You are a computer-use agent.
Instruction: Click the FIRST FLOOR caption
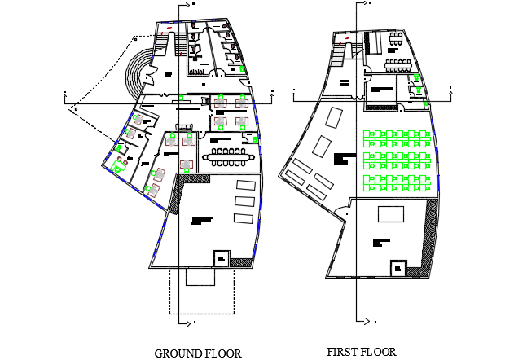[362, 353]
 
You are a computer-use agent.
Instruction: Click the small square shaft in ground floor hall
[221, 258]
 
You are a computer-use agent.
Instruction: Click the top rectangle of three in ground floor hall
[244, 184]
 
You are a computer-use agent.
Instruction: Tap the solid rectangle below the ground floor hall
[202, 276]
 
